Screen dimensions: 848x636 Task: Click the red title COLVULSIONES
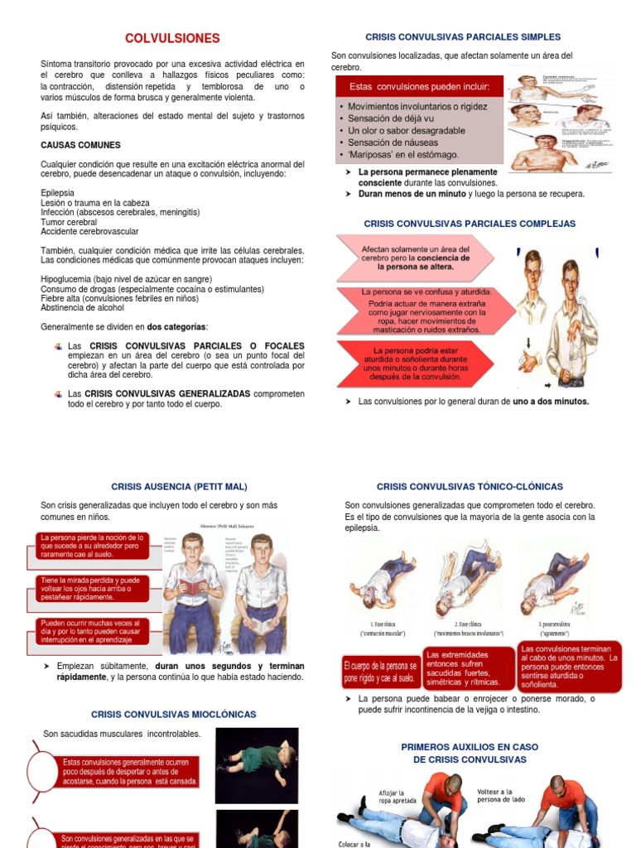(x=172, y=38)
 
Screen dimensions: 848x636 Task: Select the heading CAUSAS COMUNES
(x=80, y=145)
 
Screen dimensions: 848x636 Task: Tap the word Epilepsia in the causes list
(x=57, y=193)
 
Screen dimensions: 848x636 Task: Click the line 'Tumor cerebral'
(x=69, y=222)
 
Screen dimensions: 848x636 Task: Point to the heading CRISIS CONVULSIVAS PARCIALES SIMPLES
(x=463, y=37)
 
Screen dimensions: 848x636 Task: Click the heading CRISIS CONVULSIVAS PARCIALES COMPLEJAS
(x=470, y=224)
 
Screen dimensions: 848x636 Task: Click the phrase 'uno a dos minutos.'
(x=551, y=402)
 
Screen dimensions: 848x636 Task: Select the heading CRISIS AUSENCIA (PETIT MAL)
(x=179, y=486)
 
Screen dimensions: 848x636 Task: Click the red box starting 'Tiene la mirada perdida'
(x=93, y=589)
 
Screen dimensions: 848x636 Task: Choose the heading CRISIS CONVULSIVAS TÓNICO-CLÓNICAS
(x=470, y=486)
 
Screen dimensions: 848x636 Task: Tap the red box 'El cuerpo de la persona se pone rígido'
(x=379, y=672)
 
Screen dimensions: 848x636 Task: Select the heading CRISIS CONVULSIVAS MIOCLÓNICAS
(x=173, y=714)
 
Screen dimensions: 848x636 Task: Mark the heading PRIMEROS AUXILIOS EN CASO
(x=469, y=747)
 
